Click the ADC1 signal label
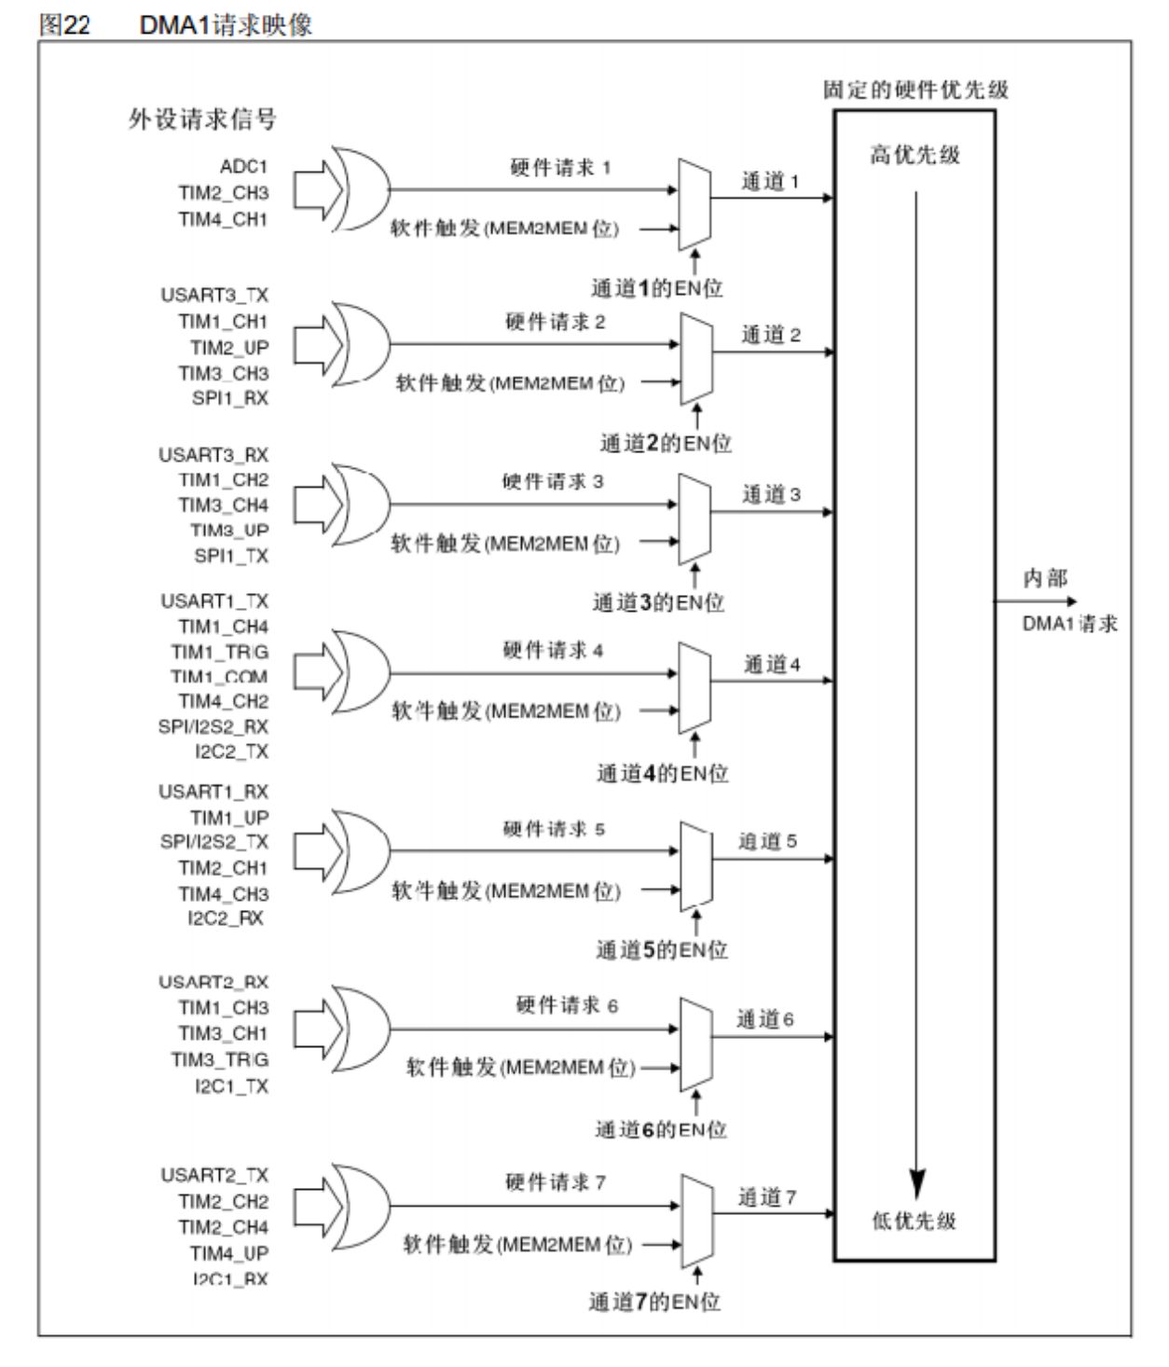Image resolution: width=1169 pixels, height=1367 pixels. click(x=243, y=167)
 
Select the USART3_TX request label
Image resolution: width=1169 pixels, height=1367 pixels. click(x=213, y=296)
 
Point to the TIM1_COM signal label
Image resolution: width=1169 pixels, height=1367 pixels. click(x=219, y=677)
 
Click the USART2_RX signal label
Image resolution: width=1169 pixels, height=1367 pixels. click(x=213, y=983)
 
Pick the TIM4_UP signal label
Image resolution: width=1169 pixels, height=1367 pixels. click(x=229, y=1253)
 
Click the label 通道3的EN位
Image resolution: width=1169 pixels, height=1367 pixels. click(x=658, y=603)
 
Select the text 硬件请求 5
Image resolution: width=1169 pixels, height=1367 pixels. click(x=554, y=829)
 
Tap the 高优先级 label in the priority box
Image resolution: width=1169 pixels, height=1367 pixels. click(x=915, y=155)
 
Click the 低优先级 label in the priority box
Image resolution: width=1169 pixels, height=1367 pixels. click(x=915, y=1221)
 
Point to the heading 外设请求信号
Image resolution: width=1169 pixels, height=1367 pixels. click(x=202, y=119)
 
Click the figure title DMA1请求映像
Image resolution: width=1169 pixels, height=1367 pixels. click(x=226, y=25)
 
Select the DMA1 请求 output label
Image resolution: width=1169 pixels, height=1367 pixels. click(x=1069, y=625)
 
